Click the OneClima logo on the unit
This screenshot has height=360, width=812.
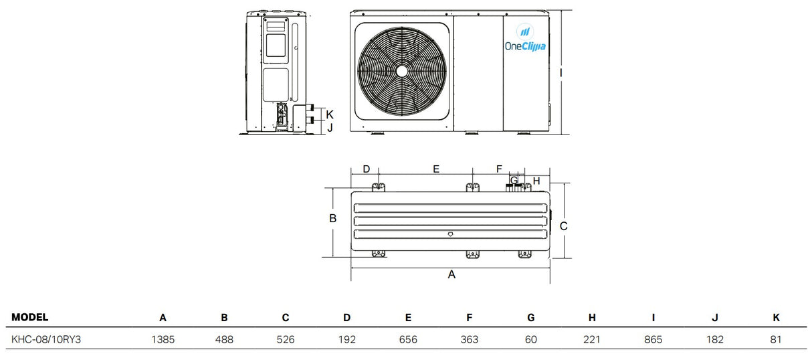524,39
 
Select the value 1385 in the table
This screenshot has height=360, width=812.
163,340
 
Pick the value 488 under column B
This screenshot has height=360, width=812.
224,340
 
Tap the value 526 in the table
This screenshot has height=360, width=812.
286,340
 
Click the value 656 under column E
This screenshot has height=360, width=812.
408,340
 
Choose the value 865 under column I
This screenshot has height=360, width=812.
653,340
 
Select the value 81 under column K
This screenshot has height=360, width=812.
776,340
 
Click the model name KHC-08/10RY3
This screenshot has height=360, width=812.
46,340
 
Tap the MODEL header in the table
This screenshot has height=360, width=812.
30,318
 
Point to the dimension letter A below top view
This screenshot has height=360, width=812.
451,274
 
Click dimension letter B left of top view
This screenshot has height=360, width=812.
332,219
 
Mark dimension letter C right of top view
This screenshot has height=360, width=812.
564,226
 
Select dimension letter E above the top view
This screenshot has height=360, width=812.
436,169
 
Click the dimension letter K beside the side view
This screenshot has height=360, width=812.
330,114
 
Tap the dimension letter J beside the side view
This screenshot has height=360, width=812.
330,126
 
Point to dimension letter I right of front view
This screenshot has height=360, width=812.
563,72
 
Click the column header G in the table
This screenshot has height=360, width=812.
530,318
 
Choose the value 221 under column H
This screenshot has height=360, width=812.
592,340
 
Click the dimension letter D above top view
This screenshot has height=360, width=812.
367,169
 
